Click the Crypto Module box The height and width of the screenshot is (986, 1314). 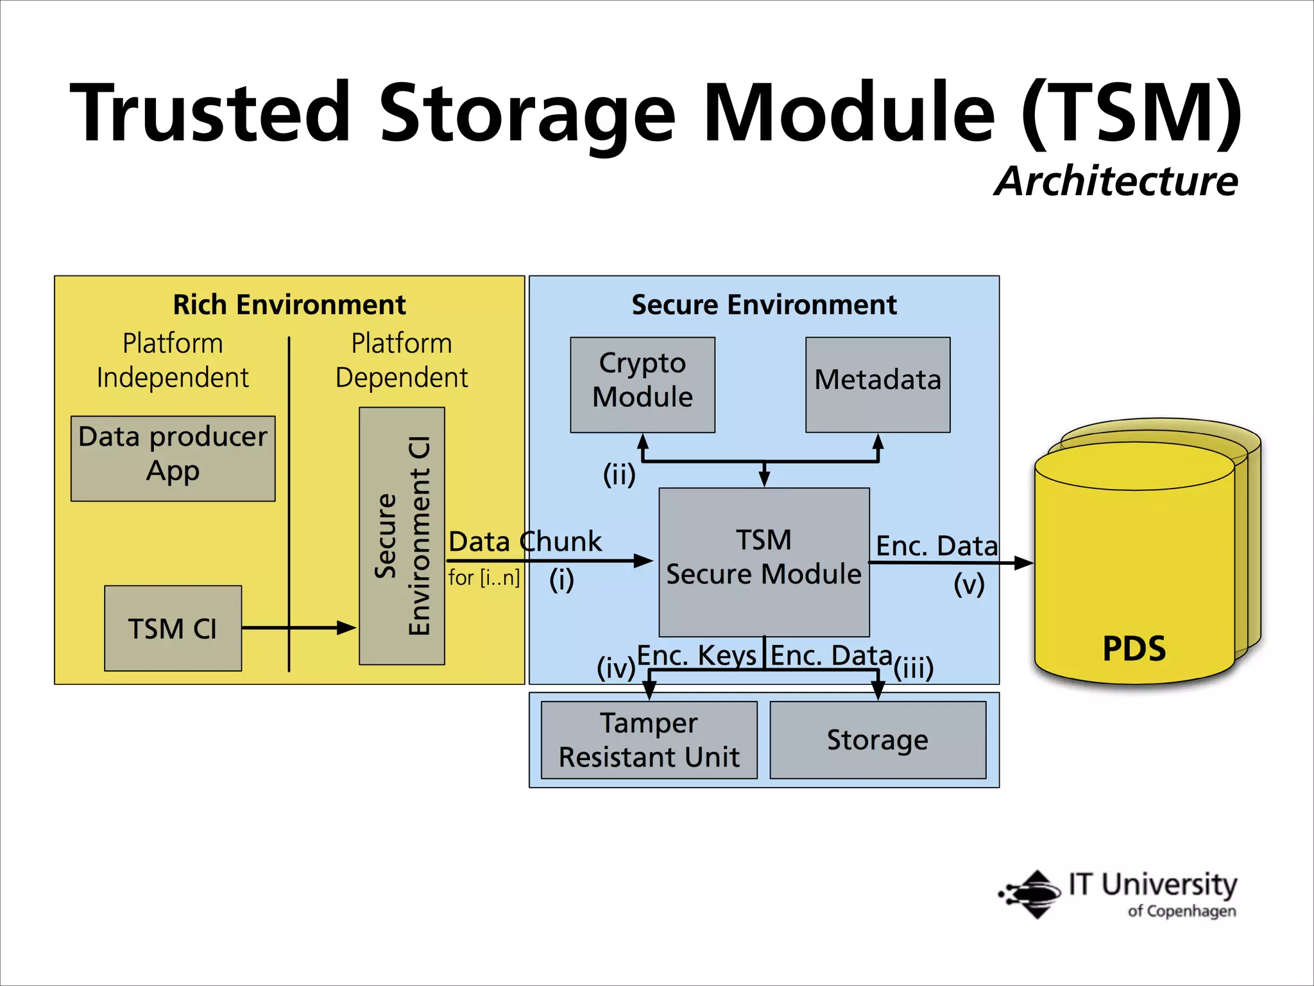point(642,385)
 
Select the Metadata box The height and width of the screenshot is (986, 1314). point(878,385)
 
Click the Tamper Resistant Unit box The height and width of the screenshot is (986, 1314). point(649,739)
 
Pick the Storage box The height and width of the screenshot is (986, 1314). point(877,739)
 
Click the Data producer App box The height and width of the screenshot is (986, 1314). point(173,458)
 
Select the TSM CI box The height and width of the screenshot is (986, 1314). point(173,628)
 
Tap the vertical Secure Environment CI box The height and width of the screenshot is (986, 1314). point(402,536)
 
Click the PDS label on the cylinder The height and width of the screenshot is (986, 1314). point(1134,648)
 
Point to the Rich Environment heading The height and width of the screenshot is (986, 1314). point(289,305)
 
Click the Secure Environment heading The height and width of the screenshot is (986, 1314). point(764,305)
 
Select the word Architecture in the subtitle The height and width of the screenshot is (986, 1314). point(1116,182)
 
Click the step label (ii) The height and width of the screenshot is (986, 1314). point(619,474)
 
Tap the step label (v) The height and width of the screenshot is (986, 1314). point(969,584)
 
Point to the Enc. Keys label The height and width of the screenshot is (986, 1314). point(697,655)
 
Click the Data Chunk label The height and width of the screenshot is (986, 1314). point(525,542)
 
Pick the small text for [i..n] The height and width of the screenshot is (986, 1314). point(484,578)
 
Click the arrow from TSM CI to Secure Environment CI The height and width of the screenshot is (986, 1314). point(299,628)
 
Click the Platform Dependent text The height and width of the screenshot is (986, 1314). point(402,360)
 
